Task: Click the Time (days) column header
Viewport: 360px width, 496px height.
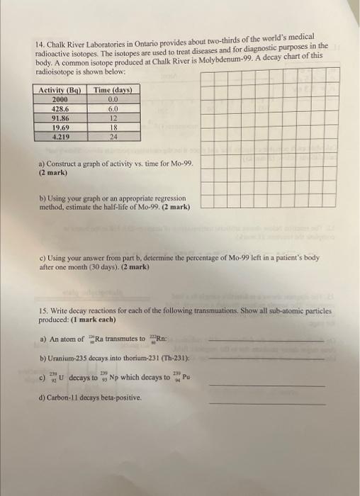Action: (x=113, y=90)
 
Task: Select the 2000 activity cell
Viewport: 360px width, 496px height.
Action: (x=61, y=100)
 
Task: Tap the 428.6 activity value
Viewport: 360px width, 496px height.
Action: (x=61, y=109)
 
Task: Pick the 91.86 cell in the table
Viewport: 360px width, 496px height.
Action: (x=61, y=118)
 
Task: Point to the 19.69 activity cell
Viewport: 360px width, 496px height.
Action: (x=61, y=128)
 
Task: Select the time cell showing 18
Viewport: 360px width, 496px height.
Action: (x=113, y=128)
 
